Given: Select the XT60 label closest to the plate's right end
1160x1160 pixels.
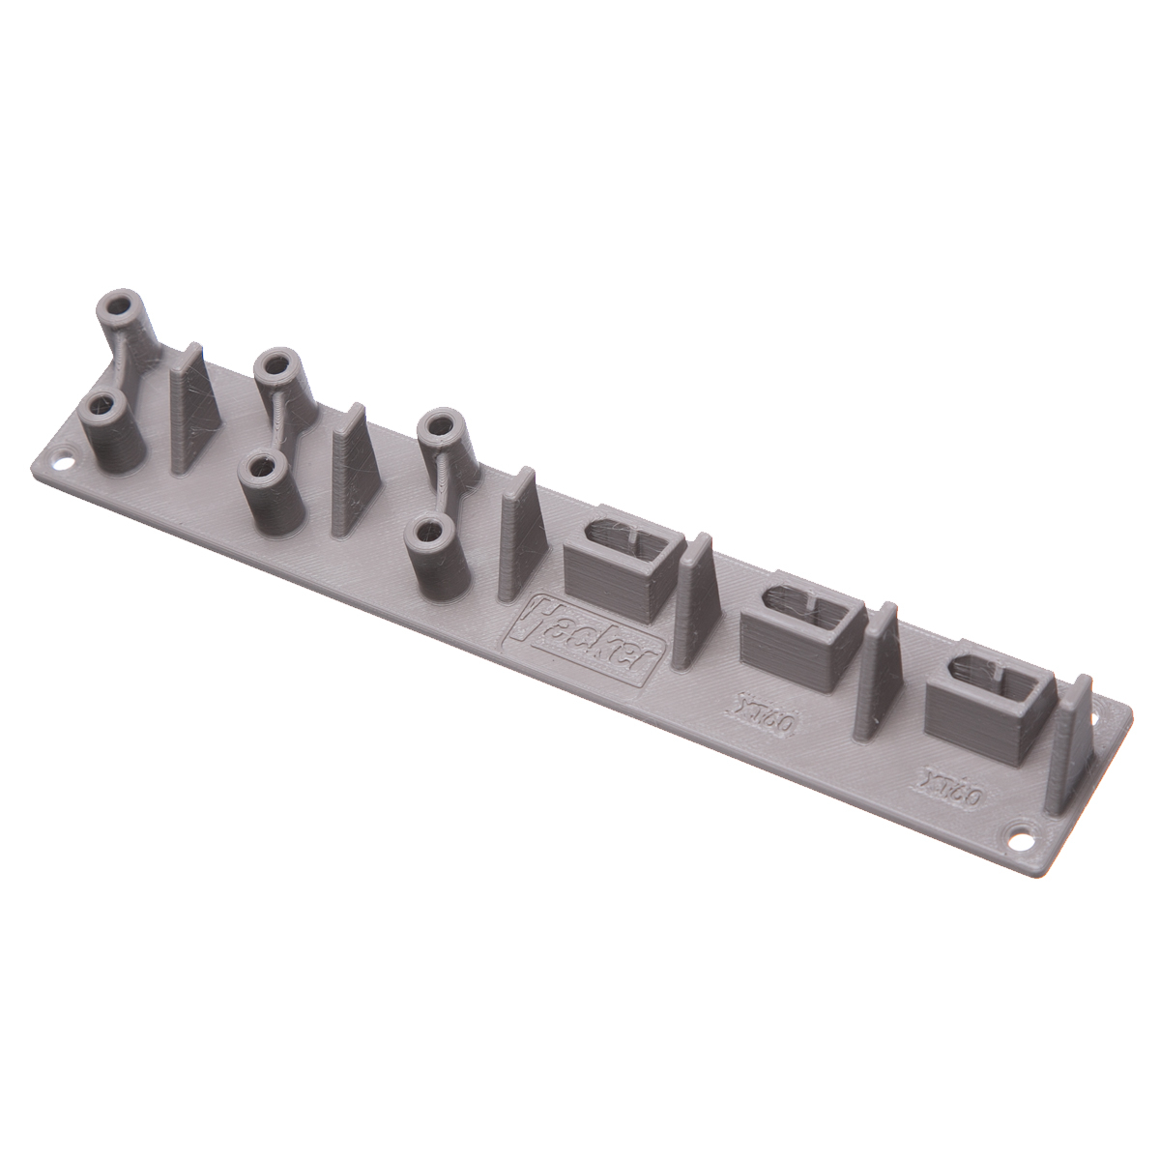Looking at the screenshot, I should pyautogui.click(x=951, y=791).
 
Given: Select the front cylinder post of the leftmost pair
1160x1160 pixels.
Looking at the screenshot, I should pyautogui.click(x=111, y=435).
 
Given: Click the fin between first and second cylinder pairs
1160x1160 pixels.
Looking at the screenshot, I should pyautogui.click(x=193, y=411).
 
